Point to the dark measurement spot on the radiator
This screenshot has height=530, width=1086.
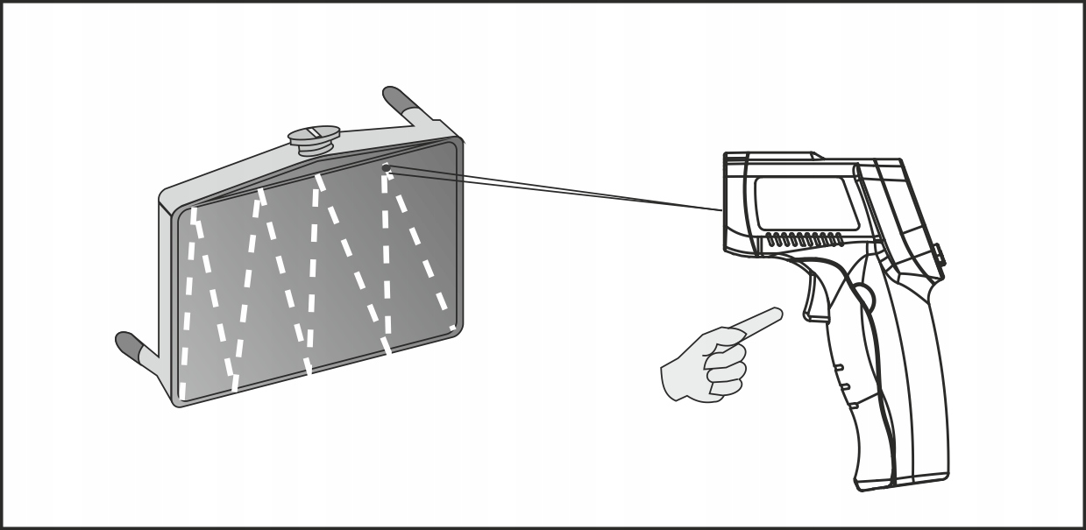click(387, 166)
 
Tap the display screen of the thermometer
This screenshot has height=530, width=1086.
click(802, 201)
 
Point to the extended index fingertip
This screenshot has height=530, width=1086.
click(776, 312)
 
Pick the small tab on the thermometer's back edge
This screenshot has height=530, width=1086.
click(940, 255)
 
